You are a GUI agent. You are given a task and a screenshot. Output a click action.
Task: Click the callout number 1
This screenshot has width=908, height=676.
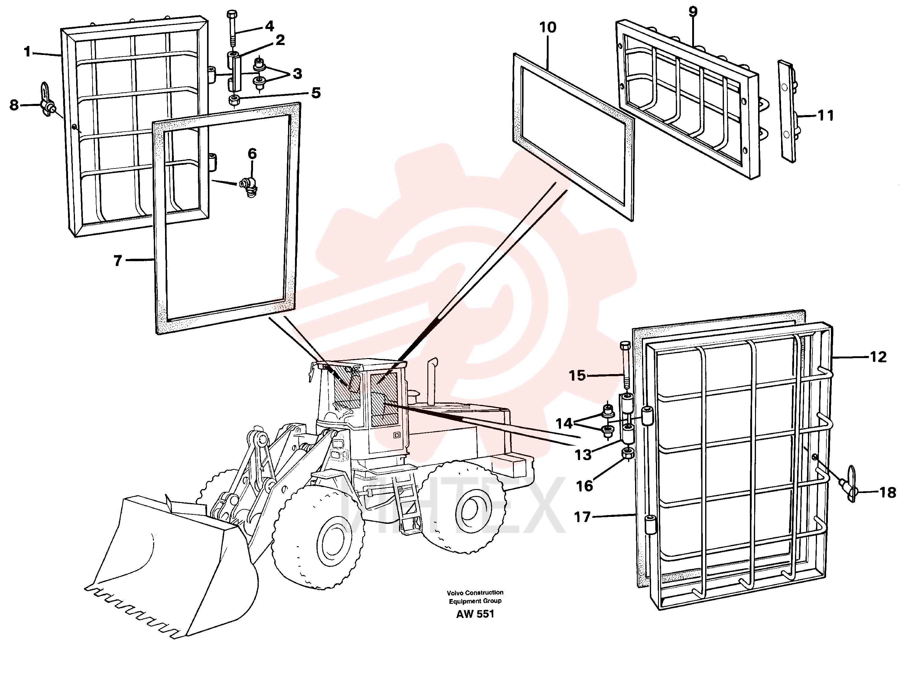click(x=28, y=52)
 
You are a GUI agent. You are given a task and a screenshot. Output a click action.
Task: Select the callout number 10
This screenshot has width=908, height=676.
click(x=548, y=28)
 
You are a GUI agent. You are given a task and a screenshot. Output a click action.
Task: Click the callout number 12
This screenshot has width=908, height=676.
click(x=878, y=357)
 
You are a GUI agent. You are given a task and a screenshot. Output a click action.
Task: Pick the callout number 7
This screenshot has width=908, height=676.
click(x=118, y=261)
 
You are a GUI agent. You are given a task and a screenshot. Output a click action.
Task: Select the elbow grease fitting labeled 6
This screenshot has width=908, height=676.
click(x=250, y=187)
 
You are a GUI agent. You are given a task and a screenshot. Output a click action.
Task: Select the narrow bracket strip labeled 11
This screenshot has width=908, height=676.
click(x=787, y=111)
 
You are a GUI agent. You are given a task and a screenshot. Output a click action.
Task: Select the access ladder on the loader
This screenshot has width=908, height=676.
click(x=405, y=506)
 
